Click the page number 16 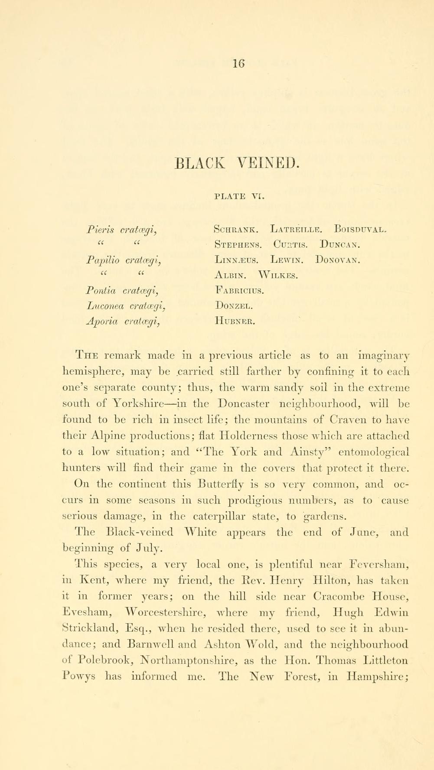click(238, 63)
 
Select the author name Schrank click(237, 229)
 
